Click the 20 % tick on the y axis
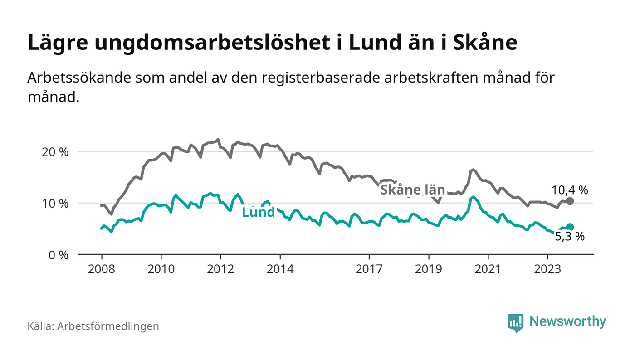(55, 152)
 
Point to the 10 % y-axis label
(55, 203)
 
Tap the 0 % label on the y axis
(58, 255)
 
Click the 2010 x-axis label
(161, 268)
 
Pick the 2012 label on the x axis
(220, 268)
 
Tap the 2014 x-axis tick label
(280, 268)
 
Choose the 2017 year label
(370, 268)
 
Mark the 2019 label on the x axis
(429, 268)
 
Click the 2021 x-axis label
(488, 268)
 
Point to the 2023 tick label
(547, 268)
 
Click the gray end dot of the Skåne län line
(570, 201)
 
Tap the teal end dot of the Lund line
(570, 227)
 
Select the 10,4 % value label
(570, 190)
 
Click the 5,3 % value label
(570, 236)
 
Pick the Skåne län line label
(412, 190)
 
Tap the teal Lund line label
(259, 212)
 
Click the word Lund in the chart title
(374, 42)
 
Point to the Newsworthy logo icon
(515, 323)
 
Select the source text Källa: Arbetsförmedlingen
(93, 326)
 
